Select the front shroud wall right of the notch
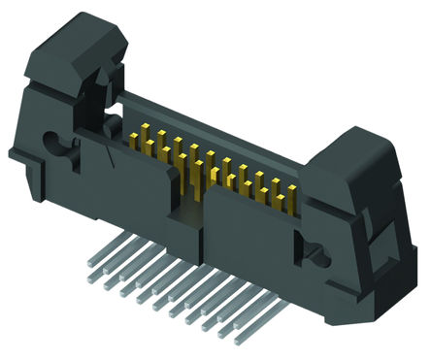point(252,233)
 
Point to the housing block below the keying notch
point(189,228)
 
